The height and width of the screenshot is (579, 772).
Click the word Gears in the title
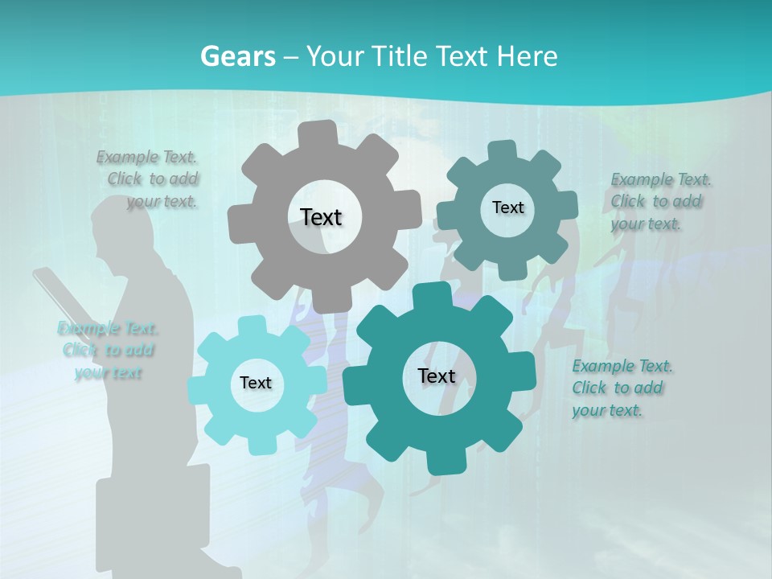[x=237, y=56]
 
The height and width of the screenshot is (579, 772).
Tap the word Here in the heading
[x=528, y=56]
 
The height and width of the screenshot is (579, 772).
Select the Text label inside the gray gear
[x=321, y=217]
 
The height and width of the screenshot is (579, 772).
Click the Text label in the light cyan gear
[x=255, y=383]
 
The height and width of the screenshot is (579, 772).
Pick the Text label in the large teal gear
[x=437, y=376]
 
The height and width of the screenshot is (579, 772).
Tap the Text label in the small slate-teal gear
[x=507, y=207]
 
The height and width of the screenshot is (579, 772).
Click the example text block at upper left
[x=150, y=179]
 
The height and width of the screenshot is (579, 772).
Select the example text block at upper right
[x=659, y=201]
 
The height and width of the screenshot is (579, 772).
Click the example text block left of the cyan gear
[x=108, y=350]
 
